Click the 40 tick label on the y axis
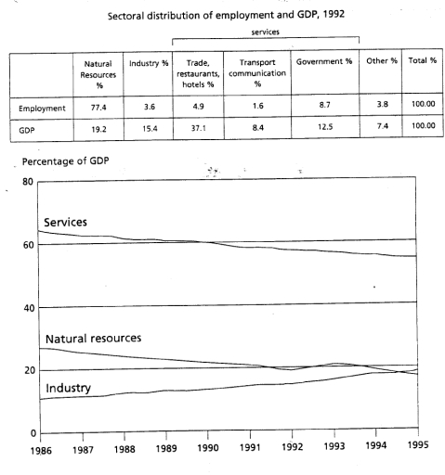coord(29,308)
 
